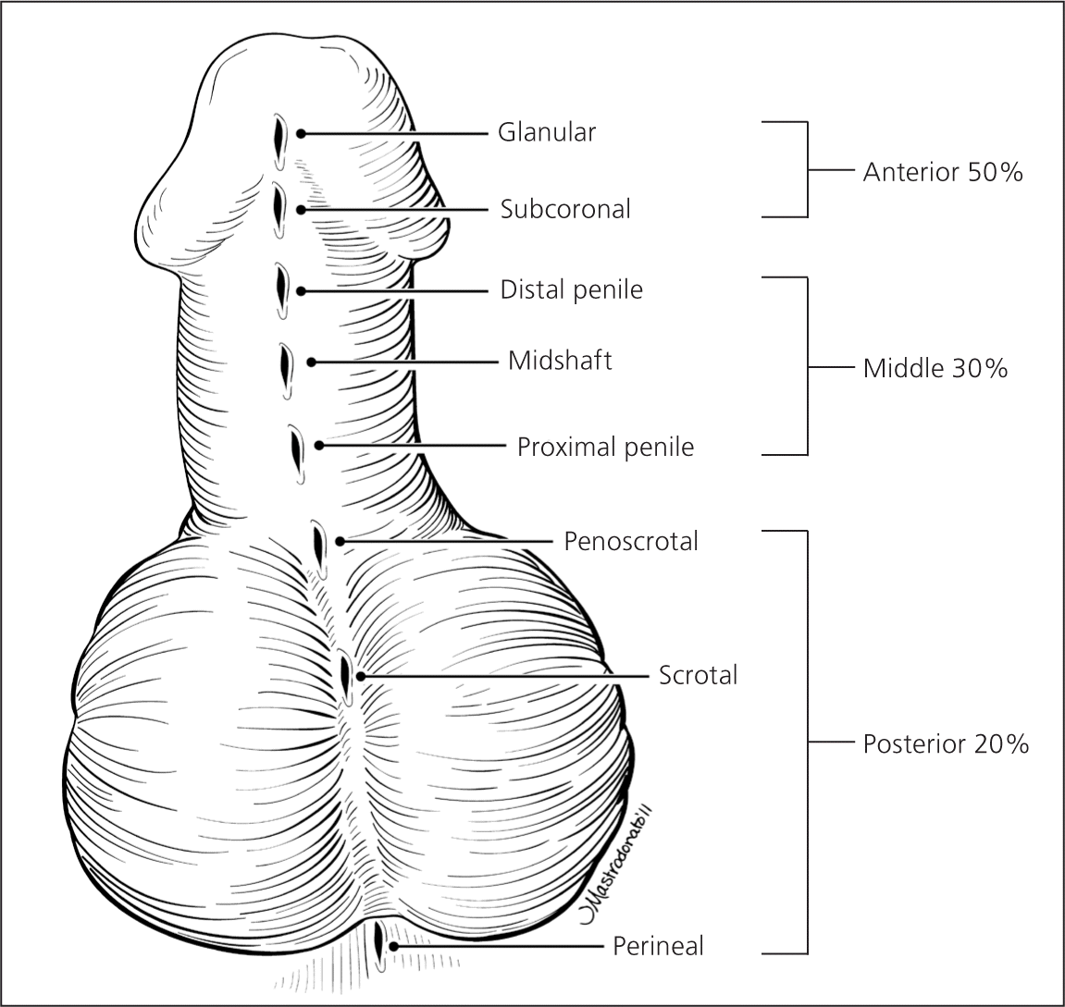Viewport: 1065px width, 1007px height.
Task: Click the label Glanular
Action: click(546, 133)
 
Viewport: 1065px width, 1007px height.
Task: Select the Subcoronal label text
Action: click(565, 209)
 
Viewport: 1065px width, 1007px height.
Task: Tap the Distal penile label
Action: click(571, 290)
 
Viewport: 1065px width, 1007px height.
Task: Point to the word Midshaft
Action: click(560, 361)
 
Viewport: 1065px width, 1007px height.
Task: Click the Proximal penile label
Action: click(605, 448)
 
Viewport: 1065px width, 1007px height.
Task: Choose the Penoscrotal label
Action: click(631, 541)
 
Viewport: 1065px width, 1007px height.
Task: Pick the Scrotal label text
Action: click(698, 676)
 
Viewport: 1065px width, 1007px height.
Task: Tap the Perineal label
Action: click(658, 947)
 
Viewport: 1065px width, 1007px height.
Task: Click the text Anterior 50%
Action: click(942, 172)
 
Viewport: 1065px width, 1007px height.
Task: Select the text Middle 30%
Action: click(935, 369)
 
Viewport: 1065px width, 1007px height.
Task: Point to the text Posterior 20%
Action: click(946, 744)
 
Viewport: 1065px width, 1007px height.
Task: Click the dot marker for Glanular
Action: click(301, 133)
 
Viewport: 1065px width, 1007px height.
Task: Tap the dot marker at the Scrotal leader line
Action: click(361, 677)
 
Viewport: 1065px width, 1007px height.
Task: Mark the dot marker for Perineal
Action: click(393, 947)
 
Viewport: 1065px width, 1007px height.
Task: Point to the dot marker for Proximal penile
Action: click(319, 446)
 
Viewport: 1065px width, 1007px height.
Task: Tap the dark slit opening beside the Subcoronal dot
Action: click(277, 208)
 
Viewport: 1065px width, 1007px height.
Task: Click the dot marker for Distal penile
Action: click(302, 290)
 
